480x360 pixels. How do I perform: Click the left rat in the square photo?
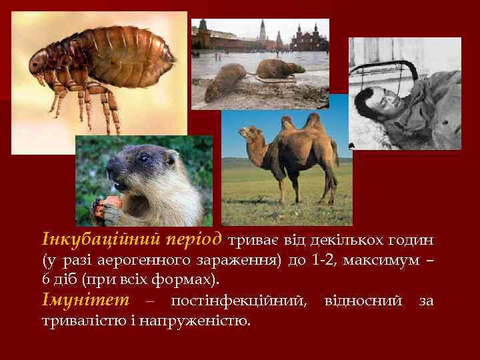[224, 80]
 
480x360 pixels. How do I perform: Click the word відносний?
[363, 301]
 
